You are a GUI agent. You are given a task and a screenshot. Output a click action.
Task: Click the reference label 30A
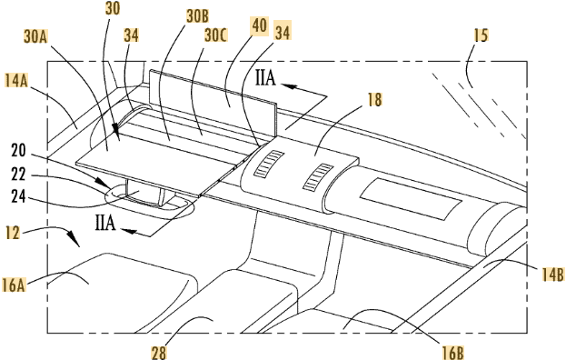pos(36,36)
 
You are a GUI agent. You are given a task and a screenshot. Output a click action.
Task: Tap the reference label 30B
pos(197,16)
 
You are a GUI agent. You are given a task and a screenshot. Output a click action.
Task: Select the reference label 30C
pos(215,35)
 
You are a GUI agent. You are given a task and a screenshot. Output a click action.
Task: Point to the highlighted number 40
pos(260,25)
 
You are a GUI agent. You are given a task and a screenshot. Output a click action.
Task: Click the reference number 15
pos(481,35)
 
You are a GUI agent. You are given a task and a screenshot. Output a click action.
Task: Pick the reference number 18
pos(374,99)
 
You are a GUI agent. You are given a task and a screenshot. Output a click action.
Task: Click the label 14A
pos(16,80)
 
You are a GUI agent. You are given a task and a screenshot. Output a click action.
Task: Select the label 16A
pos(14,285)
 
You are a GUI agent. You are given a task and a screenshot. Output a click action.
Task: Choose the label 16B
pos(452,352)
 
